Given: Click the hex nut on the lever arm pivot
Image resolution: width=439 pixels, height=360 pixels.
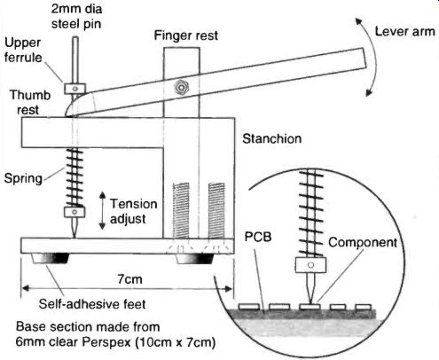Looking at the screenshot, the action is point(180,88).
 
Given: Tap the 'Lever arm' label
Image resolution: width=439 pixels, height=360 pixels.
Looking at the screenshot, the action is point(404,31).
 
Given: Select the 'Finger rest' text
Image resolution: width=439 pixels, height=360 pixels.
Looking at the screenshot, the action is point(186,35).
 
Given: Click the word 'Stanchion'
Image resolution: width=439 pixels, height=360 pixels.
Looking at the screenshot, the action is point(272,138).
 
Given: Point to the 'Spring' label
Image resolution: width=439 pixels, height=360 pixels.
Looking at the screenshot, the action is point(23,178).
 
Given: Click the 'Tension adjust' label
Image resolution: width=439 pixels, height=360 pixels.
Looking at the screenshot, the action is point(133,211).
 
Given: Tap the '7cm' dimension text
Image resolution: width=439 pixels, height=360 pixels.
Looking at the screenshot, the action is point(129,278).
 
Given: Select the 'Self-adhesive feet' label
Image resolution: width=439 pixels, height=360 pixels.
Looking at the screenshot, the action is point(92,304).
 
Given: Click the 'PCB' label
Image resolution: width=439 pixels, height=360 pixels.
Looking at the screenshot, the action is point(258,237).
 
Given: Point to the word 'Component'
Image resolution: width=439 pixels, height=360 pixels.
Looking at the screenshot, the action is point(363,242).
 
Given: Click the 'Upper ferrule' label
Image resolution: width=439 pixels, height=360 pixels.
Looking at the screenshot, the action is point(23,50).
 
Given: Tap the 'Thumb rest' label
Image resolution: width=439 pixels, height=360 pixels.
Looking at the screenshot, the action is point(30,102).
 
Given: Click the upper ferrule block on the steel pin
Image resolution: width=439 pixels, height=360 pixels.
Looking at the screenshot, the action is point(75,89).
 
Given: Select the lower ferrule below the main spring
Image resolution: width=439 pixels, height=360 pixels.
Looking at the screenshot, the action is point(74,212).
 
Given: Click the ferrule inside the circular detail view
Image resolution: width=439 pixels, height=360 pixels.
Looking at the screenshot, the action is point(310,265).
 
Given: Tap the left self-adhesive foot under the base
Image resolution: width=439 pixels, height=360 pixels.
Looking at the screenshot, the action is point(51,258).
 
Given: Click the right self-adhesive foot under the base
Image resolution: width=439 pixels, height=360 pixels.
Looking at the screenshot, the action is point(194,259).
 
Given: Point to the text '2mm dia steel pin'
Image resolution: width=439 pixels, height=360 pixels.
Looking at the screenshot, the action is point(76,16).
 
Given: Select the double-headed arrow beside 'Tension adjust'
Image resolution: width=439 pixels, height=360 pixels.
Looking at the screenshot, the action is point(102,211).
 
